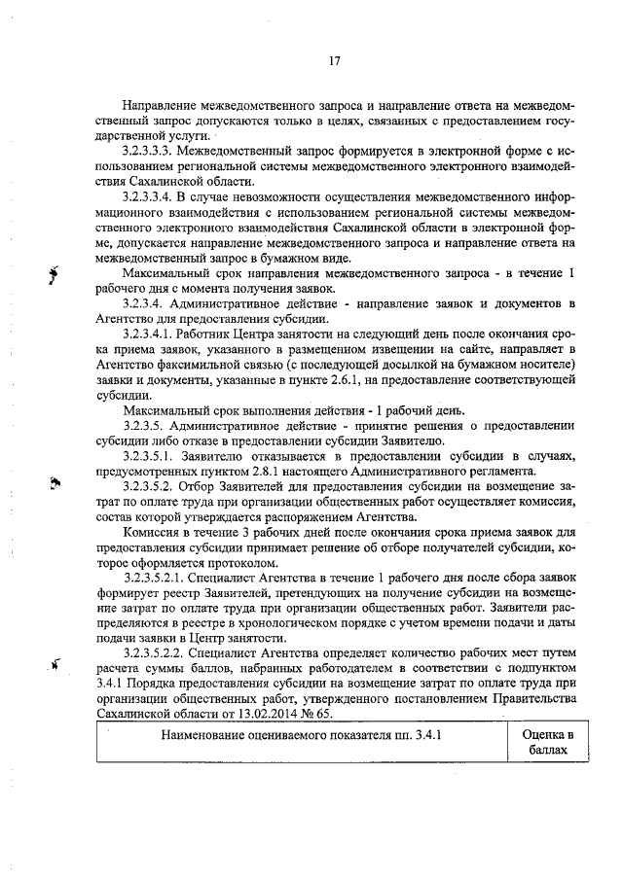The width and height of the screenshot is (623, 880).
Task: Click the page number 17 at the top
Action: (334, 61)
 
